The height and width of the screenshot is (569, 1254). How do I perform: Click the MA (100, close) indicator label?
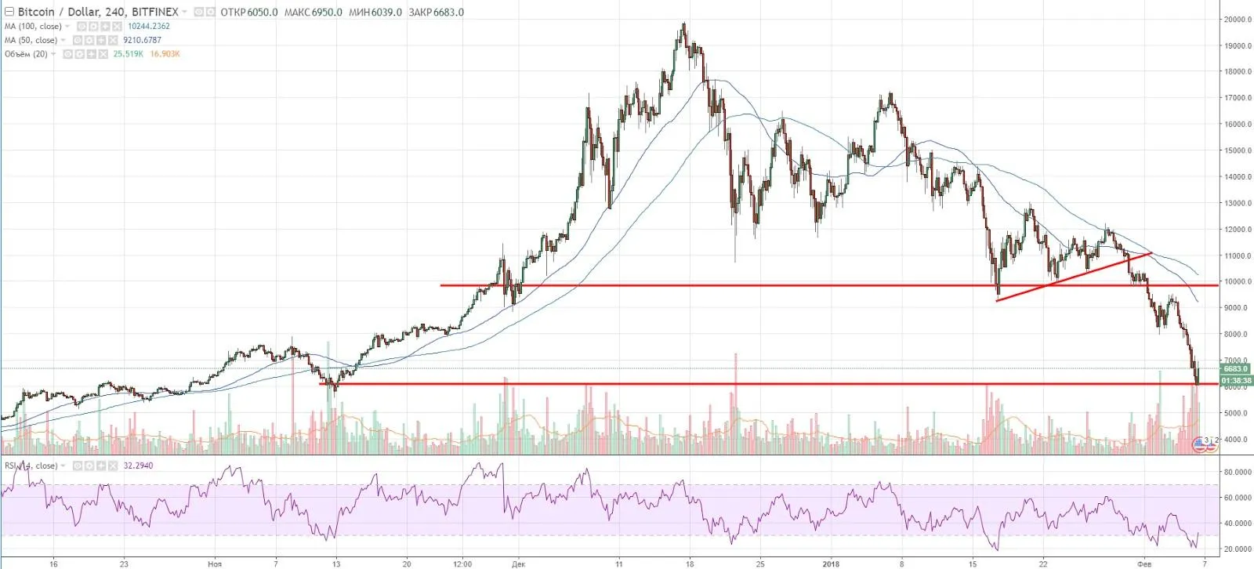click(33, 26)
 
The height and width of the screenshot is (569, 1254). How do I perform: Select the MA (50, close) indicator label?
click(31, 40)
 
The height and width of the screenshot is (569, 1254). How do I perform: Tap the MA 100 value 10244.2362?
click(149, 26)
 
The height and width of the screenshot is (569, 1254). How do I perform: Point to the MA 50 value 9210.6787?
click(142, 40)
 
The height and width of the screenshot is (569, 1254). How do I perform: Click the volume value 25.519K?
click(129, 54)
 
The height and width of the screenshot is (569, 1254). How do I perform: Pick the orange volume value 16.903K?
click(165, 54)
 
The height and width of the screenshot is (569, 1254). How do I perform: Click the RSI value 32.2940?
click(138, 466)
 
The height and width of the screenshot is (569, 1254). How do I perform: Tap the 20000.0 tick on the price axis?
click(1238, 20)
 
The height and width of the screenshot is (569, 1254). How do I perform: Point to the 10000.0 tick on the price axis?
click(1238, 282)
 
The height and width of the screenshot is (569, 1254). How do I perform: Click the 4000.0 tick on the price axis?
click(1238, 440)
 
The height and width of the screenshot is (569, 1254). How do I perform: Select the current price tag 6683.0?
click(1236, 368)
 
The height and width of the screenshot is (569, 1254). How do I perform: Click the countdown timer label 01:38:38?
click(1236, 380)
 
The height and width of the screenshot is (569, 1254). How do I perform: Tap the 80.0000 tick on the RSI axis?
click(1238, 472)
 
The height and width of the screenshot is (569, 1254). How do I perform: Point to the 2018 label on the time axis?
click(832, 563)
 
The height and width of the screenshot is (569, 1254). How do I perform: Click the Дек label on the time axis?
click(517, 563)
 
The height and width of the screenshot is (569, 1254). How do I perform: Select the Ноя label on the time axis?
click(215, 563)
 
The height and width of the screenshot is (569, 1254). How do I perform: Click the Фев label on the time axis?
click(1145, 563)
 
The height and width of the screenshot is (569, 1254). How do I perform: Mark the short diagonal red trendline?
click(1074, 277)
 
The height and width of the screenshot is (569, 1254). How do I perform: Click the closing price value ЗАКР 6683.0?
click(436, 12)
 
